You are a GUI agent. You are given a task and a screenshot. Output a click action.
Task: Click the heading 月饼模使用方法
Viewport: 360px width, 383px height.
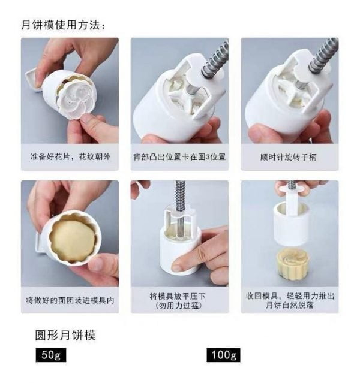point(63,25)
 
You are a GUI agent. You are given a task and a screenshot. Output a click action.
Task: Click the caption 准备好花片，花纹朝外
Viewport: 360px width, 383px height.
point(70,156)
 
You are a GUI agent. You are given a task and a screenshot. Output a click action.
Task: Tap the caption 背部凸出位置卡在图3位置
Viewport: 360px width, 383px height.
point(179,157)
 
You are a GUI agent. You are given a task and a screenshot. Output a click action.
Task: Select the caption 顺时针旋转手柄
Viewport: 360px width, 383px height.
point(289,157)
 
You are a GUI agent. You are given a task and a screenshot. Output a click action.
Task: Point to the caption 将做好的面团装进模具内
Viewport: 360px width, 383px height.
point(70,300)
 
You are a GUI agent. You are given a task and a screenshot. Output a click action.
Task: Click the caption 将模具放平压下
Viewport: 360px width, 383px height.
point(178,297)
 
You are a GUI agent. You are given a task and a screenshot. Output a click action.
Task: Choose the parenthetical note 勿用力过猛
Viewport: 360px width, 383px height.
point(179,306)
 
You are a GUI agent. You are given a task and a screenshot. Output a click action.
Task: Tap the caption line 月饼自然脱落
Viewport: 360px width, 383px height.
point(290,305)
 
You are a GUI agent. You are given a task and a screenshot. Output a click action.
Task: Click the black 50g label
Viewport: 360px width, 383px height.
point(51,355)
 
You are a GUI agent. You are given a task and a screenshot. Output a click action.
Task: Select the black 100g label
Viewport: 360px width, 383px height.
point(224,355)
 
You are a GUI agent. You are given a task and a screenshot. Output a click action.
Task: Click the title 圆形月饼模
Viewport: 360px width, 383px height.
point(65,335)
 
